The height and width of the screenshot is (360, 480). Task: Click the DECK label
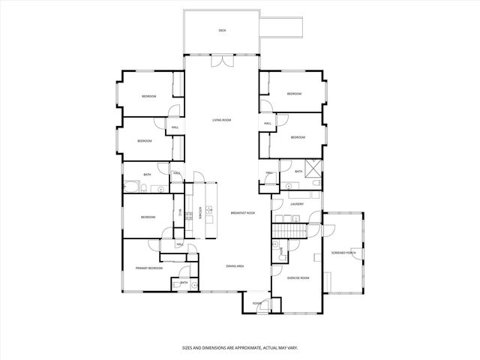coord(222,31)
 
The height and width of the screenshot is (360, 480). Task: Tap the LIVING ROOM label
coord(221,120)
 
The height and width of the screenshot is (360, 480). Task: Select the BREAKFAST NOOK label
coord(243,213)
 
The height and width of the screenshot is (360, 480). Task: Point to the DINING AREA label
coord(235,265)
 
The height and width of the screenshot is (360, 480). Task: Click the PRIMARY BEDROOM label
coord(148,268)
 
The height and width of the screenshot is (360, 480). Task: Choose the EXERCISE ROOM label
coord(298,278)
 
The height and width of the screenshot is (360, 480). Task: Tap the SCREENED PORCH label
coord(343,253)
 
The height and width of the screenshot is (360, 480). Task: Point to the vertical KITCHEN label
coord(200,212)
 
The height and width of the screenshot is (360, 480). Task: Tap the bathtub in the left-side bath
coord(131,187)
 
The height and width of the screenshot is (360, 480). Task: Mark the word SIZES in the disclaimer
coord(190,347)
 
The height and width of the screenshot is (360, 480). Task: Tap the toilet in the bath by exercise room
coord(276,244)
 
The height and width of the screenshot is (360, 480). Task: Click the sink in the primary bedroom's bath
coord(193,286)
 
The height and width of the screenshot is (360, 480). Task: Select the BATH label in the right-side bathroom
coord(298,172)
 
